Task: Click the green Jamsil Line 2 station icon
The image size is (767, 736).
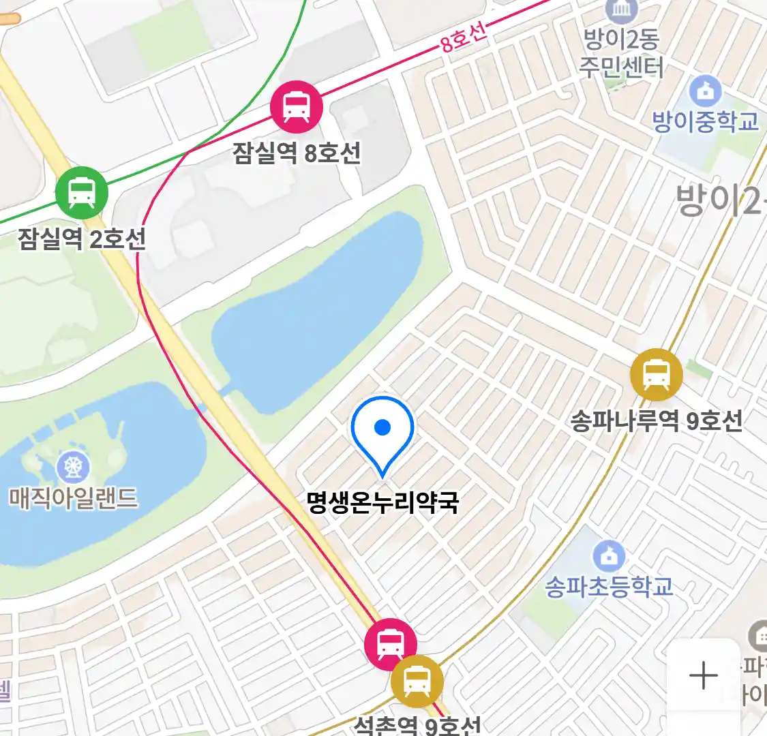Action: coord(82,192)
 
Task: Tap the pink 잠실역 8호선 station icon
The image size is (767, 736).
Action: coord(297,106)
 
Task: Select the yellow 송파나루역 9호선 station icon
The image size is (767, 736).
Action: coord(656,374)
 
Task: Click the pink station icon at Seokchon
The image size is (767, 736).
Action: coord(390,643)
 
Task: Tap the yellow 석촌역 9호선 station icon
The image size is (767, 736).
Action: coord(417,681)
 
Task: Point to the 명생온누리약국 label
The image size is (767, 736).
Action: coord(382,503)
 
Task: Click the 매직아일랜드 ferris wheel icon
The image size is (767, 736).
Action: coord(73,467)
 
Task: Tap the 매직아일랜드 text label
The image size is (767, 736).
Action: coord(73,497)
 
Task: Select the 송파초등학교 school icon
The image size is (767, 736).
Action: coord(609,556)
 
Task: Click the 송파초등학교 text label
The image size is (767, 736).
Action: coord(609,586)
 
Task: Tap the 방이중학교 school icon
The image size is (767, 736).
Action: coord(705,91)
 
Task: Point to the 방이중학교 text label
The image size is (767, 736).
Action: coord(705,122)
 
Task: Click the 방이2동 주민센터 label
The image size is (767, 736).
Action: coord(621,53)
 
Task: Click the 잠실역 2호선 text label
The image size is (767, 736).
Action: coord(82,239)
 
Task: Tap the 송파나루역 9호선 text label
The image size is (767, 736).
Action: coord(657,420)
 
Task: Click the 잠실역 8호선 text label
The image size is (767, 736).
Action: coord(297,153)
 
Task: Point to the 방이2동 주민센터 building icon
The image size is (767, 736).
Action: coord(622,10)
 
